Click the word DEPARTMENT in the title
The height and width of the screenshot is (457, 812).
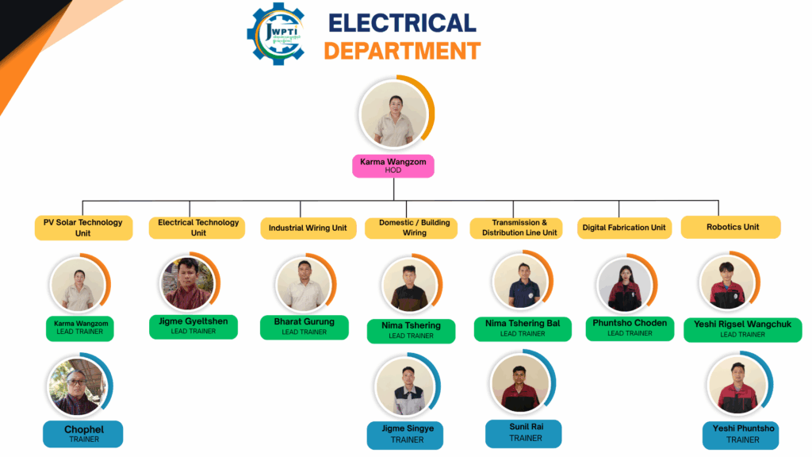pos(402,51)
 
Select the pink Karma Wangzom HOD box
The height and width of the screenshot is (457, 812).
pos(393,165)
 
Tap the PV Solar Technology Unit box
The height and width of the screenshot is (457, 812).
pos(82,228)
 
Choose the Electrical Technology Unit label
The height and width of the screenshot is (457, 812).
pos(198,228)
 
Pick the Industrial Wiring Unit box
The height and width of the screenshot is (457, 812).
pos(307,228)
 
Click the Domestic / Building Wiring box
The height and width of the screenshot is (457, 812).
pos(414,228)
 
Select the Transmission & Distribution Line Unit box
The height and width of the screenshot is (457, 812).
pos(519,228)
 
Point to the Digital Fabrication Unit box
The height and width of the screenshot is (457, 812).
pos(624,228)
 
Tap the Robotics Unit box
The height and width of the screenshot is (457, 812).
pos(732,227)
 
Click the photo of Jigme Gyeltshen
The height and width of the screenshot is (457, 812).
pos(187,283)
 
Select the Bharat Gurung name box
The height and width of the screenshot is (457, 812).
pos(304,326)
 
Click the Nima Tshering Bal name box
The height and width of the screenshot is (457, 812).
pos(522,328)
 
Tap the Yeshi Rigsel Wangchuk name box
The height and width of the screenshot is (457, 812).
pos(742,329)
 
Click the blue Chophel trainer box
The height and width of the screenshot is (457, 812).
pos(83,433)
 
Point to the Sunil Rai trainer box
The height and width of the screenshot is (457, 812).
pos(525,432)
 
